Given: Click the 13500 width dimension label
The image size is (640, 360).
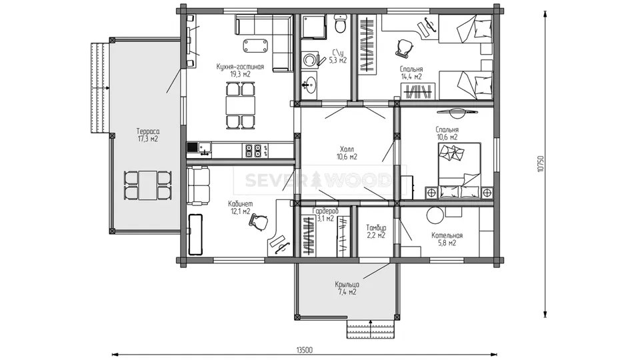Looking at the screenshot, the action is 304,350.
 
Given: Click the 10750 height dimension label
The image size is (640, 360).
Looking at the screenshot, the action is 541,163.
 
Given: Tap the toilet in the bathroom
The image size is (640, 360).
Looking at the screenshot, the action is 339,24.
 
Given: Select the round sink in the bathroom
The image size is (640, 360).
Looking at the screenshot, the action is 309,85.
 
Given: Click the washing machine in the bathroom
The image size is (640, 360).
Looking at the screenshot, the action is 310,60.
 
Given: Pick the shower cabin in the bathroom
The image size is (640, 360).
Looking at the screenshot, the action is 314,27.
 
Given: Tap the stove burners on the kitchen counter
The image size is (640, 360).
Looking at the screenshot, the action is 253,151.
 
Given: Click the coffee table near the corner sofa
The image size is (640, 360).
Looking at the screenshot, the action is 256,45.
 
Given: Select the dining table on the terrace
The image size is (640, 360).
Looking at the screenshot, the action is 147,185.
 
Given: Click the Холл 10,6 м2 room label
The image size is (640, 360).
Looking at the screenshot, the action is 347,153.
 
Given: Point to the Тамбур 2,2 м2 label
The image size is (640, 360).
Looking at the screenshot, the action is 376,231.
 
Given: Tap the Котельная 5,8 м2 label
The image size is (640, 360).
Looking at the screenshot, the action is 447,239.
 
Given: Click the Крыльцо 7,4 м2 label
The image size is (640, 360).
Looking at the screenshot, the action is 347,288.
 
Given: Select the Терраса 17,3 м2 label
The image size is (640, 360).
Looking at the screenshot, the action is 148,135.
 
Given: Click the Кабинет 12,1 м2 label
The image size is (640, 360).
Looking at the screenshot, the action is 241,207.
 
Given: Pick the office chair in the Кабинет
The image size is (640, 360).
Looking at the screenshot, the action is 259,223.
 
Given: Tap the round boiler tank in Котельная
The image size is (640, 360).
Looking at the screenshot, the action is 435,215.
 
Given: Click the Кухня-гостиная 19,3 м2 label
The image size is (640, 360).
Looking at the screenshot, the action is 240,70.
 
